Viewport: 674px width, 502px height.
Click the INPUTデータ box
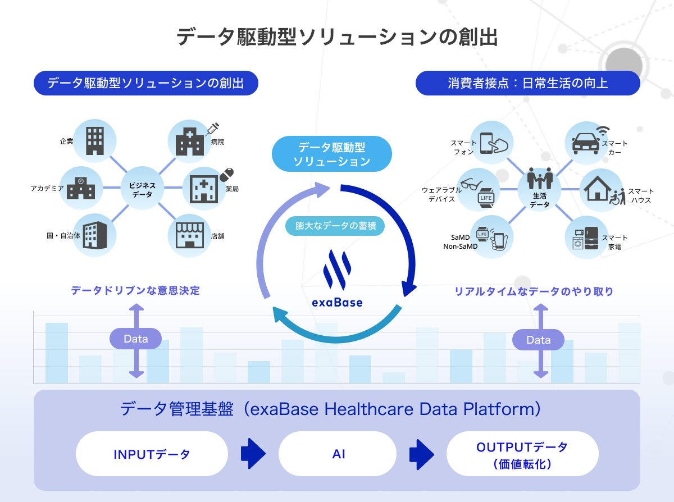[x=152, y=454]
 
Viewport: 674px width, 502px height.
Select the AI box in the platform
[x=338, y=454]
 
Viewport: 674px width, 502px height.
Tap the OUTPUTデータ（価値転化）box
[x=522, y=454]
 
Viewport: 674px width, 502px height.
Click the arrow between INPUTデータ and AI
[x=253, y=454]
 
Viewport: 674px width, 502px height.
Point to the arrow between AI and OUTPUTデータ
[x=421, y=454]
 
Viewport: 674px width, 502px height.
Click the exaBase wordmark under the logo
[x=338, y=302]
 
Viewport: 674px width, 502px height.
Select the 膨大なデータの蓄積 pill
[x=335, y=226]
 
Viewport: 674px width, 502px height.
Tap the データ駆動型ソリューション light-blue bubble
[x=332, y=154]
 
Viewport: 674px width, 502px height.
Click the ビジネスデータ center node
[x=142, y=188]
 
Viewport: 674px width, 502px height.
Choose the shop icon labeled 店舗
[x=190, y=236]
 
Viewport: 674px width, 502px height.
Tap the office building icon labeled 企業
[x=95, y=141]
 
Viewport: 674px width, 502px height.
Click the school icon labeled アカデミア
[x=81, y=188]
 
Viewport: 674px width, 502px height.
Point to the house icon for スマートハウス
[x=597, y=189]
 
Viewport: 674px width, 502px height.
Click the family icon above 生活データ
[x=540, y=179]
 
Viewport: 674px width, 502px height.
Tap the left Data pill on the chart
[x=135, y=339]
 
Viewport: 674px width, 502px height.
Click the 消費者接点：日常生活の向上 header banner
[x=528, y=83]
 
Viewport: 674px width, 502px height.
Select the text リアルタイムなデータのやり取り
[x=534, y=291]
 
